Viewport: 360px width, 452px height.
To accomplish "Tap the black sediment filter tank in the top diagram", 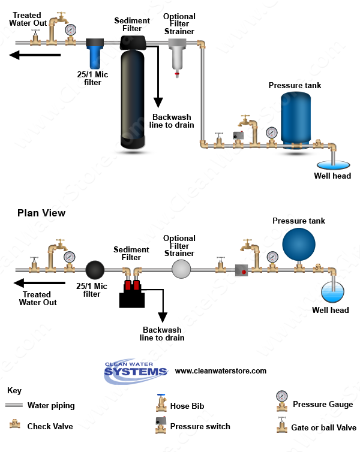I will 133,96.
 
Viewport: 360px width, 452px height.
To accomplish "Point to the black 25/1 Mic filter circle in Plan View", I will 94,269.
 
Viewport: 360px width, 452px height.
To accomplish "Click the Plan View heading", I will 41,213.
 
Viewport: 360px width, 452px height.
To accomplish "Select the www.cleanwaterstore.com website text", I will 220,371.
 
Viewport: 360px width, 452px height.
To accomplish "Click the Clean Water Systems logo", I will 136,370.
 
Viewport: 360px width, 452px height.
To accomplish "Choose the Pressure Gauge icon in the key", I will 281,398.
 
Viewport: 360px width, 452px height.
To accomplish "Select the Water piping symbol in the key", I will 14,405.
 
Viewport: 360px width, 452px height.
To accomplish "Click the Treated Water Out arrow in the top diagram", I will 36,56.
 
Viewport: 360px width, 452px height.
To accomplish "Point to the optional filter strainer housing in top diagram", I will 177,57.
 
